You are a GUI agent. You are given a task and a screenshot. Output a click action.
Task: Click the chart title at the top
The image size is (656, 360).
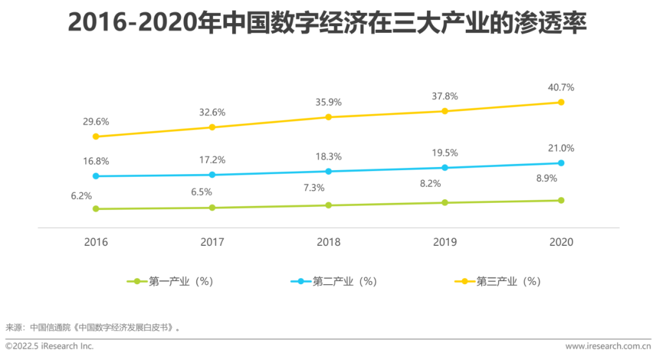coord(328,22)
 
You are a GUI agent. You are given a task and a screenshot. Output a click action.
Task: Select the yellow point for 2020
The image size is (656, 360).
coord(561,102)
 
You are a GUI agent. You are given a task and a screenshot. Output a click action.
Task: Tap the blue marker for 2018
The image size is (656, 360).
coord(329,171)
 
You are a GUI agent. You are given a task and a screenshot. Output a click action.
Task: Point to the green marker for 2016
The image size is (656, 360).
coord(96,209)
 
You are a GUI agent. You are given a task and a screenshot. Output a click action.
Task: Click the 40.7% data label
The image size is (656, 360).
coord(561,87)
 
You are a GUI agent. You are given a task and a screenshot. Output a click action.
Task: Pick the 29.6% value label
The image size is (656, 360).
coord(96,121)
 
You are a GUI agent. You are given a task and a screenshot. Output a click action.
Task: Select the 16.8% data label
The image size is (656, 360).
coord(96,161)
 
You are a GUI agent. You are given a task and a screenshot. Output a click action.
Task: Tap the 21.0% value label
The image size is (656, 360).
coord(561,148)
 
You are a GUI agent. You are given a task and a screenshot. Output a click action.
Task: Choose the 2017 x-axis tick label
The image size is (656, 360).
coord(212,242)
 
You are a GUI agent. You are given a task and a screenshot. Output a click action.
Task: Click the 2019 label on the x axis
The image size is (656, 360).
coord(445,242)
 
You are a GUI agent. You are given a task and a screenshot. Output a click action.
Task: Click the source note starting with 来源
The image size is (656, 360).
coord(93,327)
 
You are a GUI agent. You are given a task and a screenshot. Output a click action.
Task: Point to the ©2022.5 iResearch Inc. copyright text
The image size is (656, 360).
coord(50,346)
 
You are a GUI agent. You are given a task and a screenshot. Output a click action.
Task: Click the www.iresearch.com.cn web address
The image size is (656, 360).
coord(607,346)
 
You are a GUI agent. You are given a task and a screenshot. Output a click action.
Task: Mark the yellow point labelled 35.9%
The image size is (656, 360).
coord(329,117)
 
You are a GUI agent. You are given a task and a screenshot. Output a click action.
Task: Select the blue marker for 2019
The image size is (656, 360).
coord(445,168)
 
